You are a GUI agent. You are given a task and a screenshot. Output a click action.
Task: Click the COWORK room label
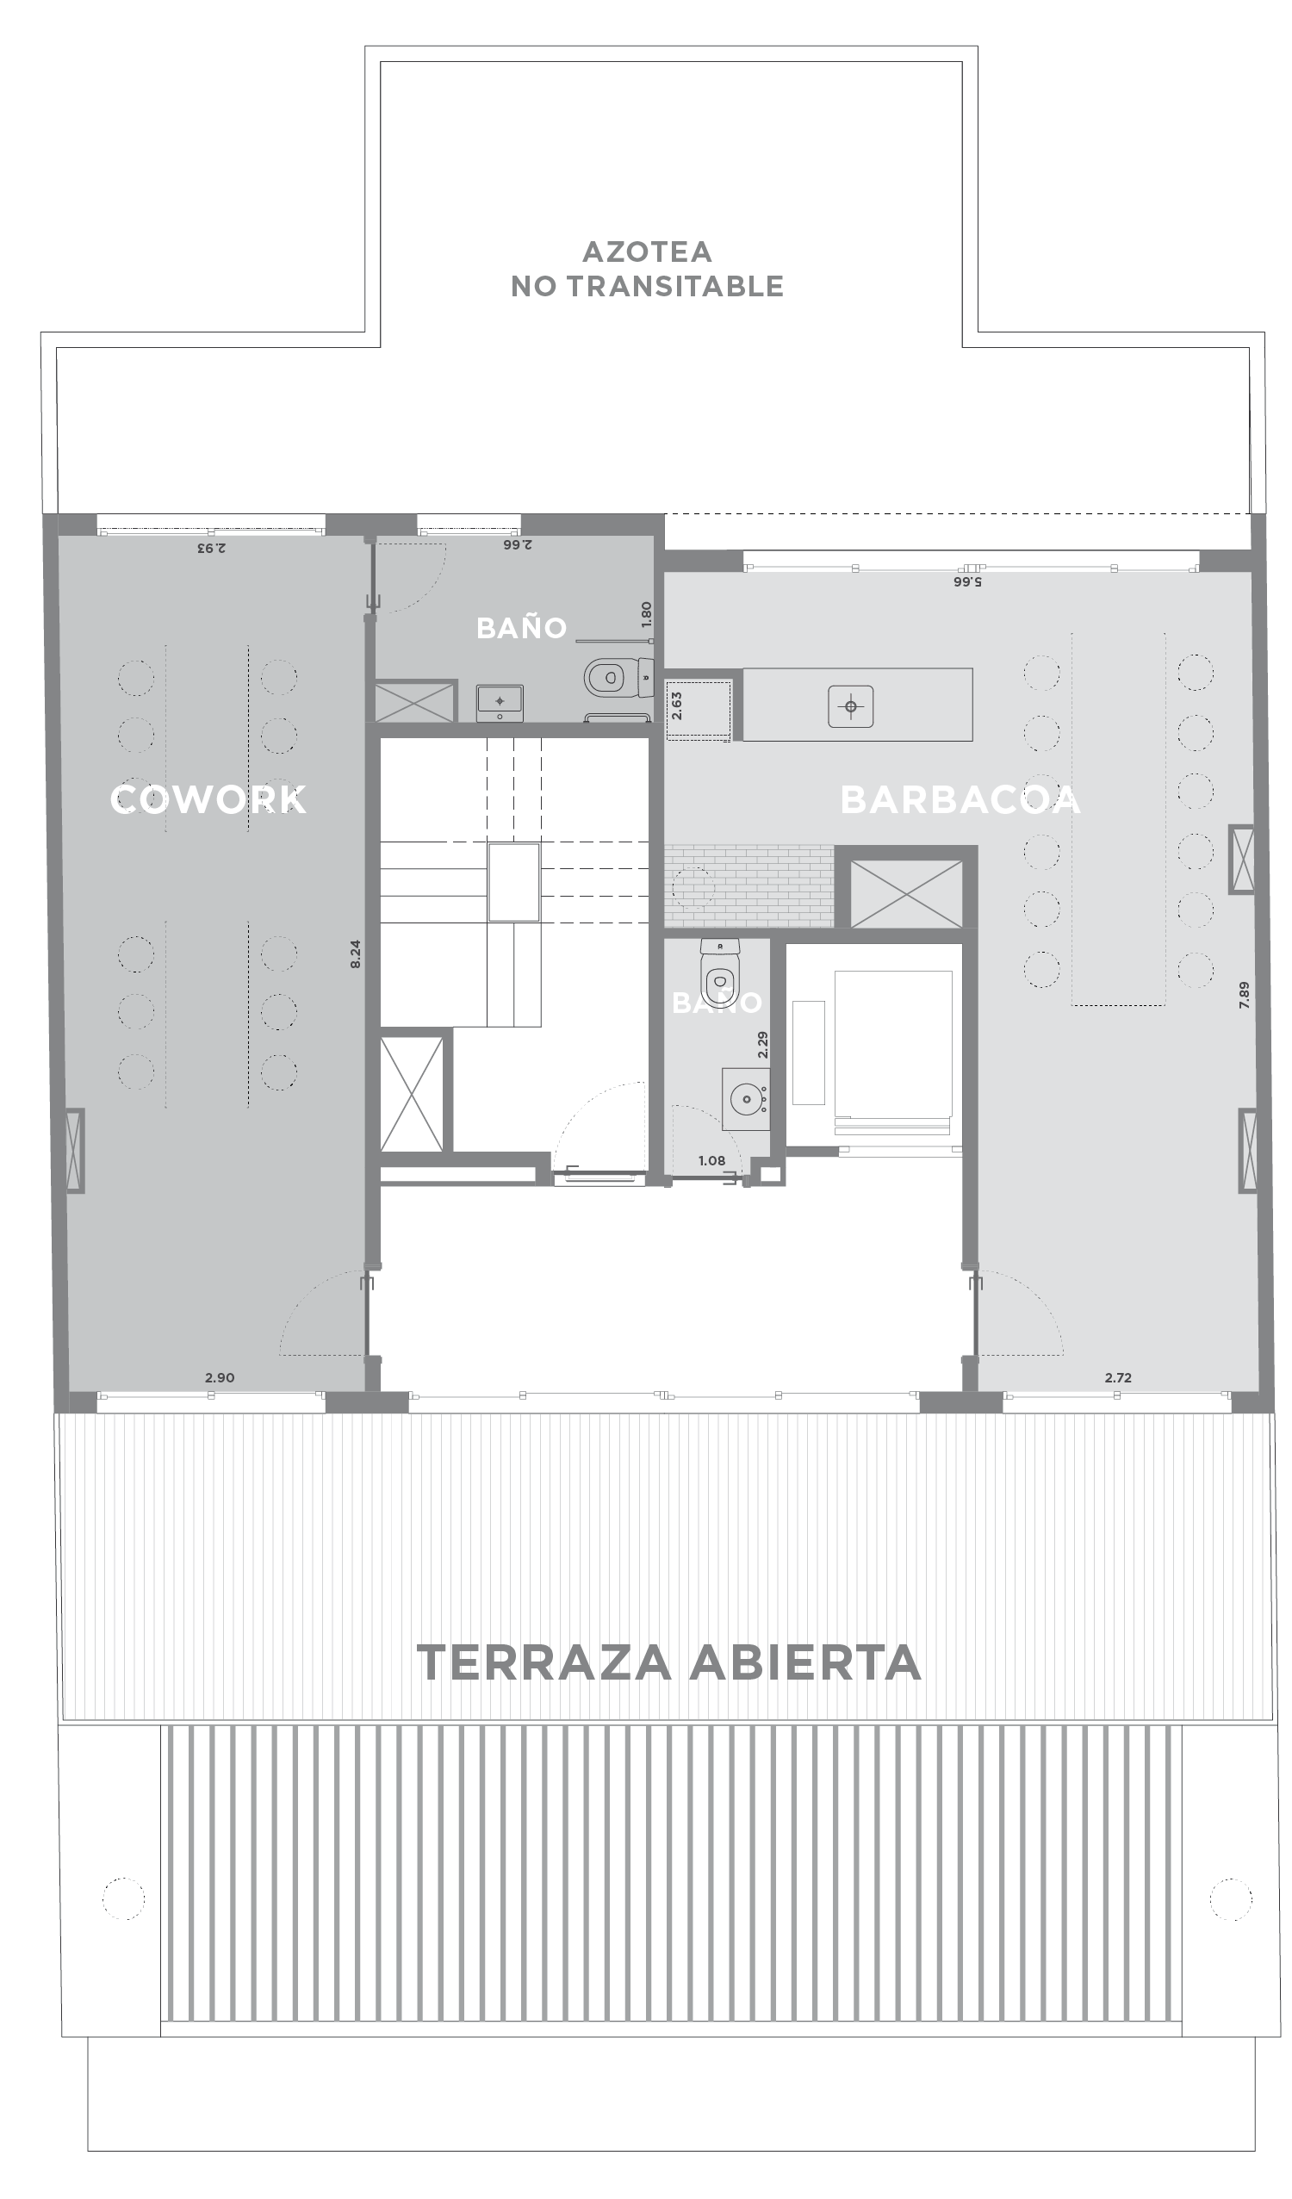click(x=208, y=799)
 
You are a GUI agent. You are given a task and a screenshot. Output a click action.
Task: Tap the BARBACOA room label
click(x=960, y=800)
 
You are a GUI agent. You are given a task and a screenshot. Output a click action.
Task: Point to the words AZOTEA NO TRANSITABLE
click(x=648, y=269)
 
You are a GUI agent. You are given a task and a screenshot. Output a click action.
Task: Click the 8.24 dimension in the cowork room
click(x=355, y=954)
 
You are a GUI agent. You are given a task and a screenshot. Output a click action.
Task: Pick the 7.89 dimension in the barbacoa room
click(x=1244, y=996)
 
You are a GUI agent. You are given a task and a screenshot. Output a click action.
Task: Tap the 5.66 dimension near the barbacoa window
click(x=967, y=581)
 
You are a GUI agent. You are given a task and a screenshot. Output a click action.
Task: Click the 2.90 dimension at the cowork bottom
click(x=220, y=1378)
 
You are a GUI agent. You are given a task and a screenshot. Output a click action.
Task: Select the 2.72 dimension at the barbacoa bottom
click(x=1117, y=1378)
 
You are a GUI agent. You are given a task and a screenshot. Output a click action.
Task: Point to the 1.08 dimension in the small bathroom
click(x=711, y=1160)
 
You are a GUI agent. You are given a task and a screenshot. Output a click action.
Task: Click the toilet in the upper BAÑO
click(x=618, y=677)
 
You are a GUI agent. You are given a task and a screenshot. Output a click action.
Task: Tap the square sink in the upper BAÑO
click(x=500, y=703)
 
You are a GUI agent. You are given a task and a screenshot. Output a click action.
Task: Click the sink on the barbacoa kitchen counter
click(x=851, y=706)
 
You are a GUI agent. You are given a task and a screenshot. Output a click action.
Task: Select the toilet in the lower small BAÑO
click(x=720, y=973)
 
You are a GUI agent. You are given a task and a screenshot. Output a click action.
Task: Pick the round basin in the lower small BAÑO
click(x=746, y=1099)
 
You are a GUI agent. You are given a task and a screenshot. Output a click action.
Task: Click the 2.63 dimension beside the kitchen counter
click(x=676, y=706)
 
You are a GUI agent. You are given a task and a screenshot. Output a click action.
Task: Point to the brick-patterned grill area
click(x=748, y=885)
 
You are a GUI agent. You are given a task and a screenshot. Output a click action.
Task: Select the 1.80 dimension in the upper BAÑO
click(x=647, y=614)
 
